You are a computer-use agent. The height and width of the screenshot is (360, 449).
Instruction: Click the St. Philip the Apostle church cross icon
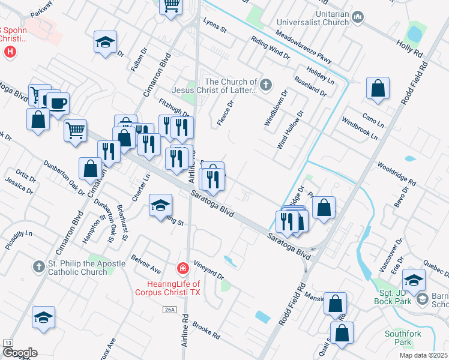pyautogui.click(x=38, y=265)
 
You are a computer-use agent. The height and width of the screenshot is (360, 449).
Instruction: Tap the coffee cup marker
pyautogui.click(x=58, y=103)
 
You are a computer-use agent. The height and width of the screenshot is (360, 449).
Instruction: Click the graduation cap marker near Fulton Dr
pyautogui.click(x=105, y=42)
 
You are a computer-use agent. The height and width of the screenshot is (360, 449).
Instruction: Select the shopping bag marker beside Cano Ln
pyautogui.click(x=378, y=89)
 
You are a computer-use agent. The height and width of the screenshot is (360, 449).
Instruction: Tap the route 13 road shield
pyautogui.click(x=8, y=343)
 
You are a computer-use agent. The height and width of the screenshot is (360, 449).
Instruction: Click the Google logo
pyautogui.click(x=20, y=353)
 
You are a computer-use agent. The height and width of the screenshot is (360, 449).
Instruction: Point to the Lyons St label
pyautogui.click(x=214, y=29)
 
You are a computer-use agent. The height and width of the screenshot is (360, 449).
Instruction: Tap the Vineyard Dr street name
pyautogui.click(x=208, y=270)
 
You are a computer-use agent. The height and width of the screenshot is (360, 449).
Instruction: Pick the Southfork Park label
pyautogui.click(x=398, y=337)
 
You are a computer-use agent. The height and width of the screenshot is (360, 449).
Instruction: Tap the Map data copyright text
pyautogui.click(x=423, y=355)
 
